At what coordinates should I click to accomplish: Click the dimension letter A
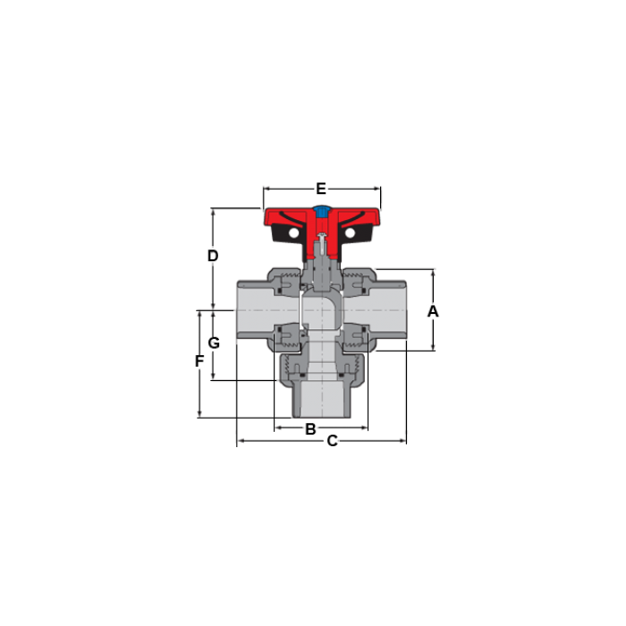pos(433,311)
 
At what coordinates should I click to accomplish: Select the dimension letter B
pos(310,428)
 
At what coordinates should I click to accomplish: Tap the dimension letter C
pos(332,441)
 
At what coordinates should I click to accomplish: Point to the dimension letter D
pos(213,256)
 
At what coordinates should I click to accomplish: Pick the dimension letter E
pos(321,189)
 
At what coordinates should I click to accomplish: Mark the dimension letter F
pos(199,361)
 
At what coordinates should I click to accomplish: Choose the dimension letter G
pos(214,343)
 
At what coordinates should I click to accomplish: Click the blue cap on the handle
pos(321,213)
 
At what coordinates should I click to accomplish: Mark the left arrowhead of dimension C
pos(239,441)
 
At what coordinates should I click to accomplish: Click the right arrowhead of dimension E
pos(378,189)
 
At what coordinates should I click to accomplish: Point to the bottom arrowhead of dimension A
pos(433,347)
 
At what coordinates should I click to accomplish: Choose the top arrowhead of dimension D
pos(213,211)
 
